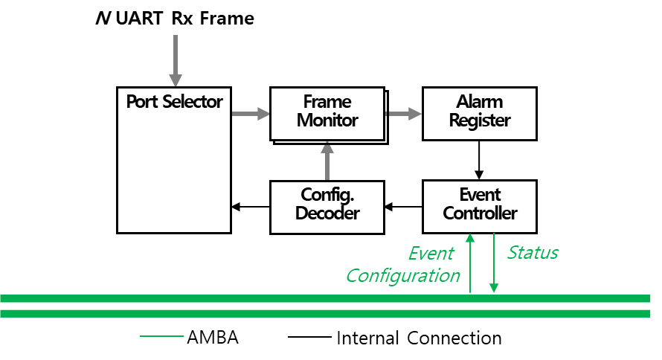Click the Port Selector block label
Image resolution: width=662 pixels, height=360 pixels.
(x=174, y=102)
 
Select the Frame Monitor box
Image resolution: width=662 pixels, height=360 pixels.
(x=327, y=114)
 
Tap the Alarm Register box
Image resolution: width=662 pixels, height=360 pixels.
(x=480, y=114)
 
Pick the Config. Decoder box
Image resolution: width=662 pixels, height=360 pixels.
(x=327, y=208)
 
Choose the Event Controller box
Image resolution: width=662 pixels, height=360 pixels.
(x=480, y=207)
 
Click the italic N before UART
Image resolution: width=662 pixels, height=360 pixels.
(x=103, y=19)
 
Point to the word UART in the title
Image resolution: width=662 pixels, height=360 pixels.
(x=139, y=19)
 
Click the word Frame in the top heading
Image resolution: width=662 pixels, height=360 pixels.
(x=227, y=19)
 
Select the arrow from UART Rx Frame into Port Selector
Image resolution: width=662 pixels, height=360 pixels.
(x=176, y=61)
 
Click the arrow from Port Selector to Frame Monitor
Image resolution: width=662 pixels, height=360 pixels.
(x=251, y=114)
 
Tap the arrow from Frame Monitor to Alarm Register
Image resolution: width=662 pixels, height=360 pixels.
(x=403, y=114)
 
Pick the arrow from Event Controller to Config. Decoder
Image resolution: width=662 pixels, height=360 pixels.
(x=403, y=207)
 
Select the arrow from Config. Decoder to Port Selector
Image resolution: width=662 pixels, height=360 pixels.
(x=251, y=207)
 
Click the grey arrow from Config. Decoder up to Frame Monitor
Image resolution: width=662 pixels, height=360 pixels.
(x=327, y=161)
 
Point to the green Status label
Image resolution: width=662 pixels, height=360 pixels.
(x=533, y=253)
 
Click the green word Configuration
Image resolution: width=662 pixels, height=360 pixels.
(x=403, y=276)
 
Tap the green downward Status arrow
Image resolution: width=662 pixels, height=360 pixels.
(x=494, y=263)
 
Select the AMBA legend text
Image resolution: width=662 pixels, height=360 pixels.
(x=213, y=338)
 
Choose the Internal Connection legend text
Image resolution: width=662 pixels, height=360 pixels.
(x=420, y=338)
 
